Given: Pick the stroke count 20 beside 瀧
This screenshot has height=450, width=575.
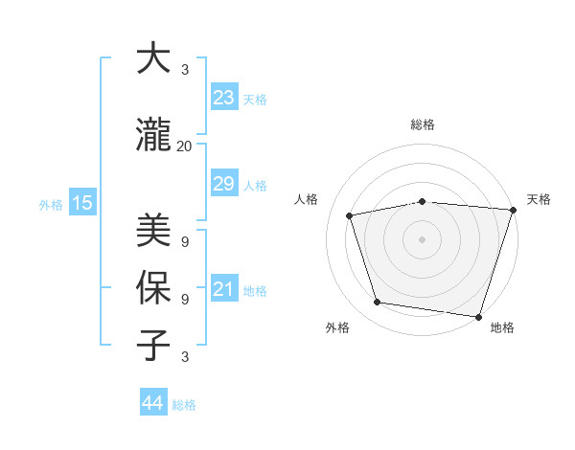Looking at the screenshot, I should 184,146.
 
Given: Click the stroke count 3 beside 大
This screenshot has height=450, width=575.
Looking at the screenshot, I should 185,70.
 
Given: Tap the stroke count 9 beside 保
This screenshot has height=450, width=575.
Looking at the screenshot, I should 185,299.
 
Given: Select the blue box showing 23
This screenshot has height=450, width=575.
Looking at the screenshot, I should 223,97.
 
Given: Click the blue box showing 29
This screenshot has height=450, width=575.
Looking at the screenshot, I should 223,183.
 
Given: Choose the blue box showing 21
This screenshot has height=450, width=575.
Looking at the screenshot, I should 223,288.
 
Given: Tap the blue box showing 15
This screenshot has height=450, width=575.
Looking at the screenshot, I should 81,202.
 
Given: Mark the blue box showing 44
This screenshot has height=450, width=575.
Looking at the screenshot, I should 152,403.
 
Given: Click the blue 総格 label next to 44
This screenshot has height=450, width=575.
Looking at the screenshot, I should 184,405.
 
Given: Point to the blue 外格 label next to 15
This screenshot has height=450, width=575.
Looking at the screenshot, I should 51,204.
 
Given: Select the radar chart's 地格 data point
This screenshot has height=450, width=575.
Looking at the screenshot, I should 478,316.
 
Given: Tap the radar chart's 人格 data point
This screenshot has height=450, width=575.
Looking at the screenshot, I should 350,215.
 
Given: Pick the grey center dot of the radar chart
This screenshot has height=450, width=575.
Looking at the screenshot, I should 422,238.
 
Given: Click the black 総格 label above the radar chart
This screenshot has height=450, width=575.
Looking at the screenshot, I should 422,124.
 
